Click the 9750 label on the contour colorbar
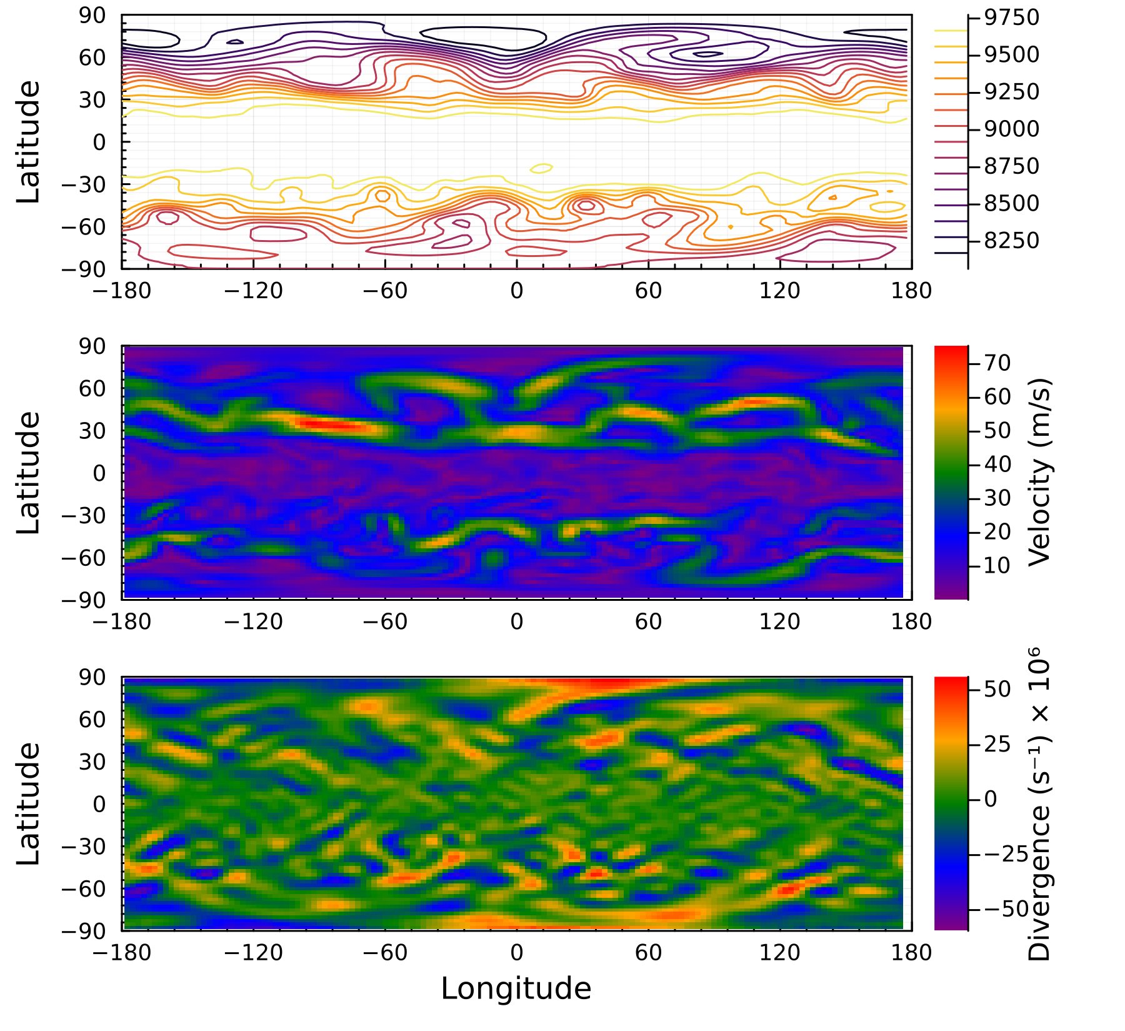coord(1011,18)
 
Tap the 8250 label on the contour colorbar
coord(1011,240)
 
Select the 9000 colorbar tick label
coord(1011,129)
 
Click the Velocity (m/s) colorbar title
coord(1039,473)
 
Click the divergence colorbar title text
coord(1039,804)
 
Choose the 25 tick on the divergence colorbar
coord(997,744)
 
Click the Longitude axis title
coord(516,988)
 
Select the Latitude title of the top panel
coord(28,142)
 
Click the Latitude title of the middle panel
coord(28,473)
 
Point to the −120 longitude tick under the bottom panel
coord(253,953)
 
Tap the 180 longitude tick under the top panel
coord(912,291)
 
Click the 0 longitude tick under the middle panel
coord(516,621)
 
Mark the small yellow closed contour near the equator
coord(541,168)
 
